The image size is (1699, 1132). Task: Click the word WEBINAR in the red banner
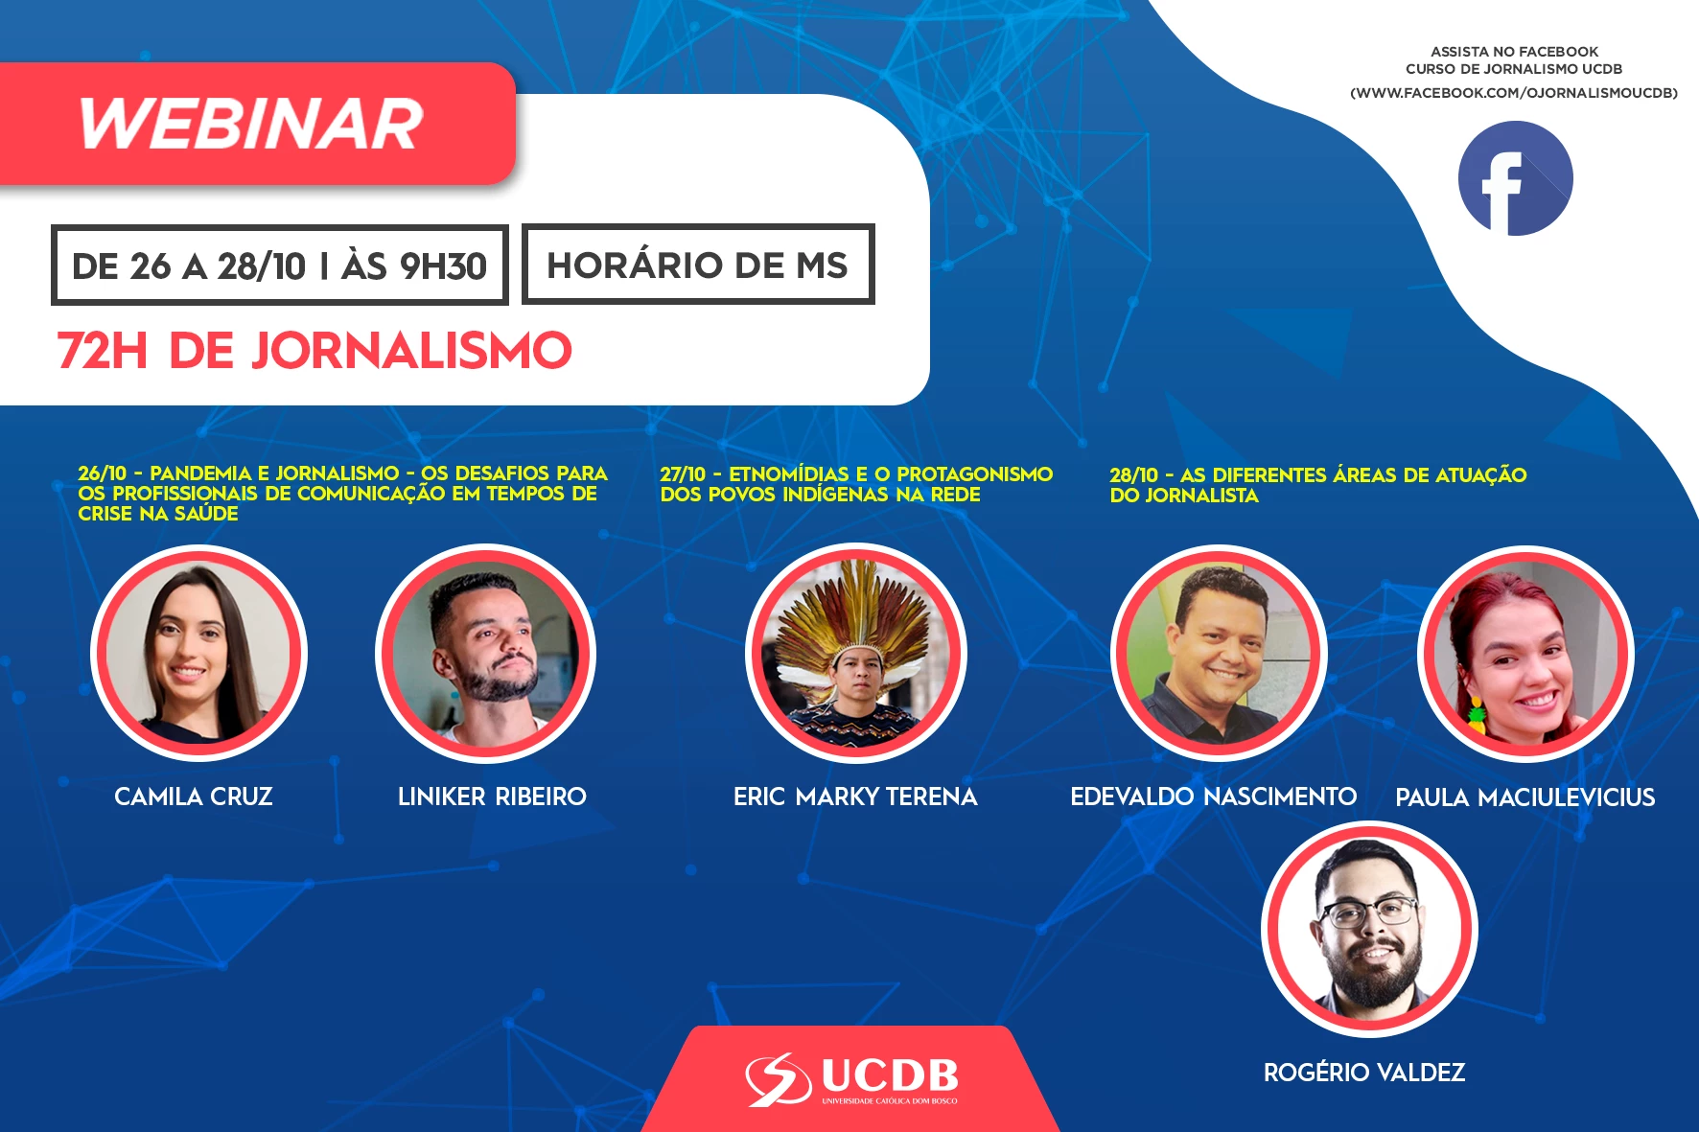(250, 125)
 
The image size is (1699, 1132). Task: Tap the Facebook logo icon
(1515, 178)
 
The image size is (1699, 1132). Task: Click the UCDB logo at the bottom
(851, 1079)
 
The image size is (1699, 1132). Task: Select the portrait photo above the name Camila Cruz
(198, 654)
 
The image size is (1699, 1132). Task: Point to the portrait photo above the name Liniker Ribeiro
(485, 654)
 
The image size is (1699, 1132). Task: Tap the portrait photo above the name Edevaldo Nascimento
(1219, 654)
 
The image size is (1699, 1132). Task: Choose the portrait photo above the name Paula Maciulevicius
(1525, 654)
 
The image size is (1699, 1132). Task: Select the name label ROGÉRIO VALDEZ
(1364, 1072)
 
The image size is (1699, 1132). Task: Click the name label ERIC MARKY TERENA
(855, 797)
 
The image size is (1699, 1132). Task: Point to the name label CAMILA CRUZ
(194, 797)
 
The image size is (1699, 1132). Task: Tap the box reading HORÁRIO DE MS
(698, 265)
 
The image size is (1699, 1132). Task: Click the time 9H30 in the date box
(443, 266)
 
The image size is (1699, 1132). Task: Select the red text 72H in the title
(103, 351)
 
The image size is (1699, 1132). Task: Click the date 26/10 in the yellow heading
(102, 474)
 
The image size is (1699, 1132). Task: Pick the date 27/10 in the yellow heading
(683, 474)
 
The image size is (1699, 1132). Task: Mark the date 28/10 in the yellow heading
(1134, 475)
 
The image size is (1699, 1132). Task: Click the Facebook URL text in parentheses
(1514, 93)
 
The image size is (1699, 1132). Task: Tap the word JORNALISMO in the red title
(412, 351)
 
